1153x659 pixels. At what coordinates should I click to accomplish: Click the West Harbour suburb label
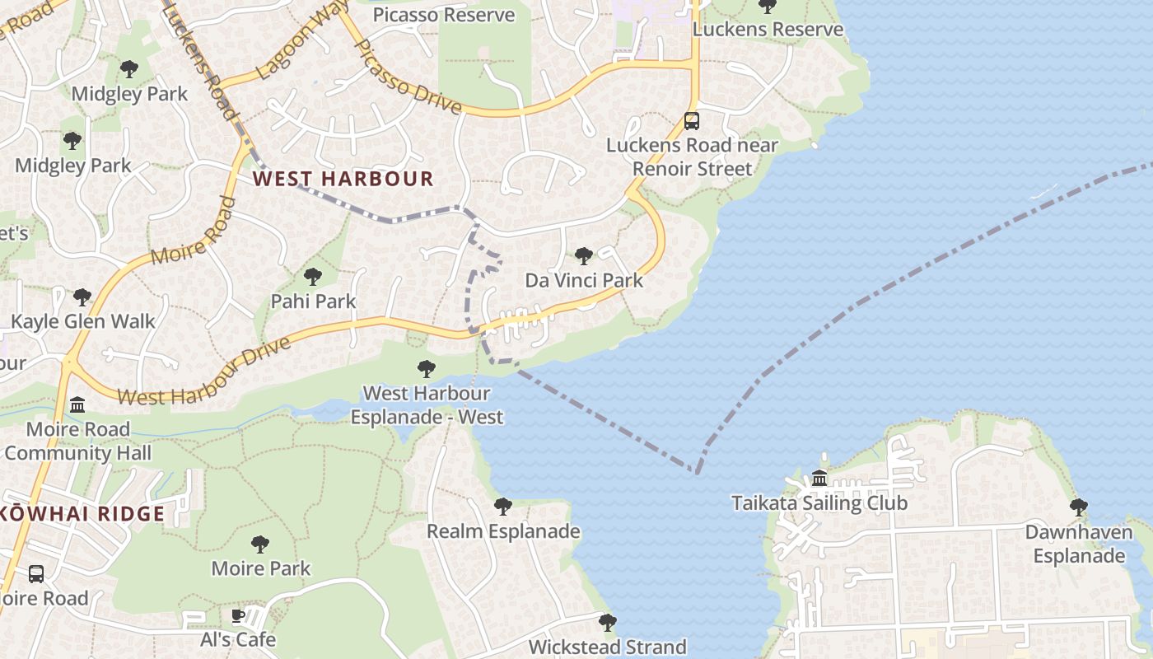tap(343, 179)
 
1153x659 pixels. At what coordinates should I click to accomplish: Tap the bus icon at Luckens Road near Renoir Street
tap(692, 121)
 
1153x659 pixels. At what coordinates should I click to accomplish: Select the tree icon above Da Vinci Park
tap(584, 256)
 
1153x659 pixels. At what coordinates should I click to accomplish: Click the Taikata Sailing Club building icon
tap(819, 479)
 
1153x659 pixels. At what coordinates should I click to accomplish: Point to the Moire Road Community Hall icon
tap(78, 404)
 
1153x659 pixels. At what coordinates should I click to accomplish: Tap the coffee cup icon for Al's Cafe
tap(238, 615)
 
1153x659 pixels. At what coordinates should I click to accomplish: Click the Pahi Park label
tap(313, 301)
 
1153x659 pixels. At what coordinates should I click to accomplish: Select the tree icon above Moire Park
tap(260, 544)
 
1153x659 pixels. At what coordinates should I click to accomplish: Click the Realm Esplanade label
tap(503, 531)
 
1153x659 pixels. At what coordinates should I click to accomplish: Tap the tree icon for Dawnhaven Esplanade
tap(1078, 507)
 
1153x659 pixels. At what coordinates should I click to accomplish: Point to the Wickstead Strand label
tap(607, 647)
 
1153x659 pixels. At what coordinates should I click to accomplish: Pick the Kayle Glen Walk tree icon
tap(82, 297)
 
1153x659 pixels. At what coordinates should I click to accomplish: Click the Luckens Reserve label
tap(768, 30)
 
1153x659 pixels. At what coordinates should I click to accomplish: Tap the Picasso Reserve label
tap(443, 15)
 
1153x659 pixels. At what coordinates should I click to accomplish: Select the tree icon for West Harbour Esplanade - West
tap(426, 368)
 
